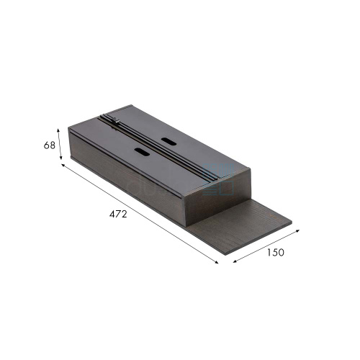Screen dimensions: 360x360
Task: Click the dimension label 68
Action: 50,145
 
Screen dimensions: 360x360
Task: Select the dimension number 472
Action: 118,214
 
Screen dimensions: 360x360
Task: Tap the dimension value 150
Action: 276,252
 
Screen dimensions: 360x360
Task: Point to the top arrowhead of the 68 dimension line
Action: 58,130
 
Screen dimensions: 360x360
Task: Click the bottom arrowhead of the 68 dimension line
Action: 61,158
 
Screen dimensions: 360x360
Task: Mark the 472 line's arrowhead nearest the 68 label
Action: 63,165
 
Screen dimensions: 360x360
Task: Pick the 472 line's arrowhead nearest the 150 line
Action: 217,262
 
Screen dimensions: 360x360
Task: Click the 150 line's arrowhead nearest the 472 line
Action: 235,261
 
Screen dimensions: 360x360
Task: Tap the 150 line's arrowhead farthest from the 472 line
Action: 298,230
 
